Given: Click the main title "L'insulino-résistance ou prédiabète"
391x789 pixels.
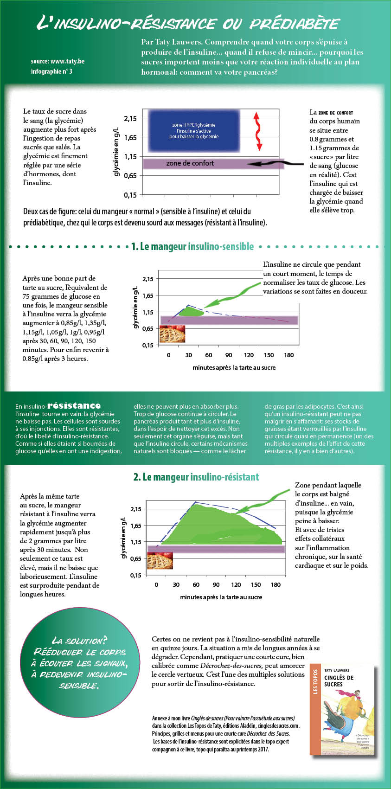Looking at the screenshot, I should coord(188,23).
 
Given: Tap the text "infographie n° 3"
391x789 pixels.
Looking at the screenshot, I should coord(51,71).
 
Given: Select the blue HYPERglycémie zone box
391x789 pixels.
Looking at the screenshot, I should coord(193,131).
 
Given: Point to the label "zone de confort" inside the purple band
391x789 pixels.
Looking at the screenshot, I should coord(190,163).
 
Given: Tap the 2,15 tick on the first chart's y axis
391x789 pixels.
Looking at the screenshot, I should coord(131,118).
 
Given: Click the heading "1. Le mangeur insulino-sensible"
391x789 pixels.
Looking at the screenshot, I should coord(192,247).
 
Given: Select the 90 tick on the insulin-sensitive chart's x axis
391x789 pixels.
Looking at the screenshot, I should coord(229,355).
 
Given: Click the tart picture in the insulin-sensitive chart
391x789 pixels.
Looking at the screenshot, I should coord(172,334).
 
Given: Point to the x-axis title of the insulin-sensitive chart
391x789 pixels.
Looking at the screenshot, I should coord(234,367).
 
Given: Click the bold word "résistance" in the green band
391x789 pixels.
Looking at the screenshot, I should coord(74,406).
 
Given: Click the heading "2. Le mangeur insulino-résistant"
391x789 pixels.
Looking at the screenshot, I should coord(196,477).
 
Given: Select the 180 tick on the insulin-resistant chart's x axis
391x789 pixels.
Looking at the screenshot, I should coord(276,585).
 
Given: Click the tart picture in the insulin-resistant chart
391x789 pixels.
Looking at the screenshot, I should coord(160,560).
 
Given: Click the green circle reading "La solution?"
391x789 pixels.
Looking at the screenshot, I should coord(79,663).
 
